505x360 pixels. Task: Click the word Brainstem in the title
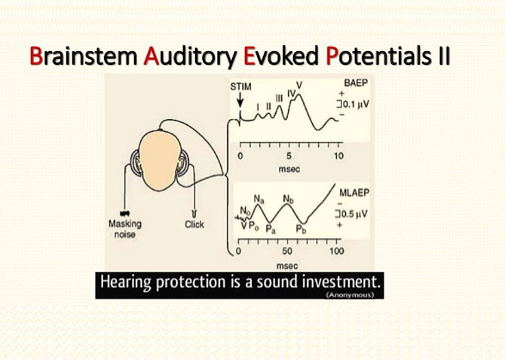84,56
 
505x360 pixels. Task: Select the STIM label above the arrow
240,87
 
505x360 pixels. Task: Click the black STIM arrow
240,100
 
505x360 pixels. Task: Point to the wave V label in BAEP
299,85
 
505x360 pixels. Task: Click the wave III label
279,98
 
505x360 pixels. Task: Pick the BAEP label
356,83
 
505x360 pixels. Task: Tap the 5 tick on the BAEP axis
289,156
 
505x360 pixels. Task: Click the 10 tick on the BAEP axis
338,156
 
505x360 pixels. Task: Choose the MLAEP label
354,193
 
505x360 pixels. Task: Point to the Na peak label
259,199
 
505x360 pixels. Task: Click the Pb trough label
301,229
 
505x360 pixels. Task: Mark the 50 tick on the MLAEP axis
287,252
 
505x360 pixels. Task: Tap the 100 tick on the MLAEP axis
337,251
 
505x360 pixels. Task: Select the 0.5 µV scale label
352,214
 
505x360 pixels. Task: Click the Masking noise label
125,229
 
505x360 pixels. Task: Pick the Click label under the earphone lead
194,224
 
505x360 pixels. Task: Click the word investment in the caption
341,282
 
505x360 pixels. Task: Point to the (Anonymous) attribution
350,294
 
